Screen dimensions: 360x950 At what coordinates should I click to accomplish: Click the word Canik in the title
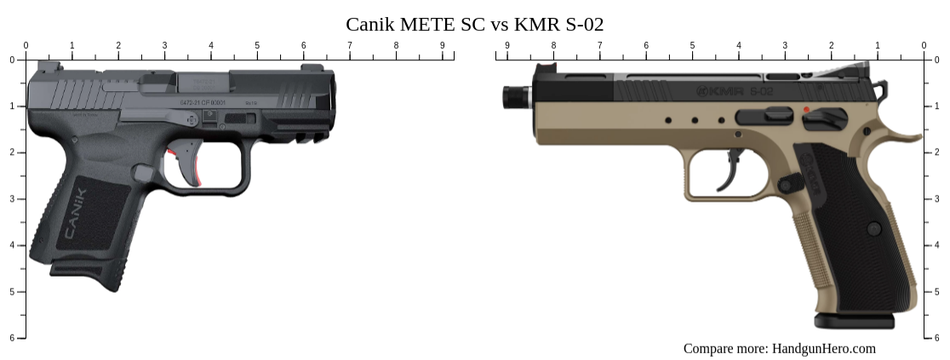pos(372,24)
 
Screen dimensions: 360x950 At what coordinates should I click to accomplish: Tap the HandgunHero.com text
pos(823,348)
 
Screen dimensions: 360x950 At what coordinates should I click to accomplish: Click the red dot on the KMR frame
pos(806,110)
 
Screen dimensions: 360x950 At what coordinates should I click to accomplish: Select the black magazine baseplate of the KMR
pos(854,321)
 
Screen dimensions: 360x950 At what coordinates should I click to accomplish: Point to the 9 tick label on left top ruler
pos(442,45)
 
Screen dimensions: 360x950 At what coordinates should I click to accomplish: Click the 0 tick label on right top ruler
pos(924,45)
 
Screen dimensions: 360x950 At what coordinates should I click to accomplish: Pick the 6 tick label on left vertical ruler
pos(11,338)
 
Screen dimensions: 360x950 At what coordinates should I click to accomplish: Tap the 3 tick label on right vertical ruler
pos(937,198)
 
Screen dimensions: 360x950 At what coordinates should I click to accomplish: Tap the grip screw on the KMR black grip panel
pos(873,228)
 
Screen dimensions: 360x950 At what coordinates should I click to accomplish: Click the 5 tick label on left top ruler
pos(257,45)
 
